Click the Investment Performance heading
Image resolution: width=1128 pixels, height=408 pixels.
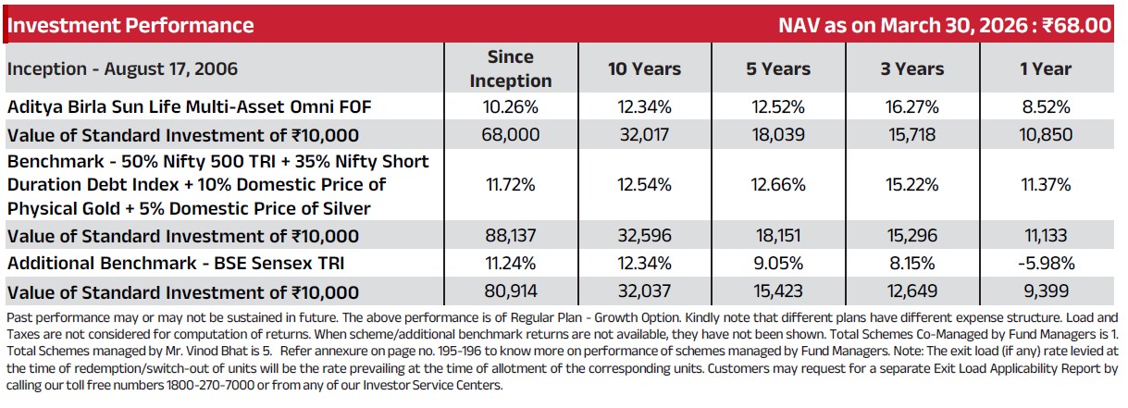(x=130, y=25)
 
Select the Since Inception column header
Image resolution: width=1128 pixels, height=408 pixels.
(x=511, y=68)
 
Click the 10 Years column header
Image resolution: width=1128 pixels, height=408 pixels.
(x=644, y=68)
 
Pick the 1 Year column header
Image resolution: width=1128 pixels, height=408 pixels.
(x=1046, y=68)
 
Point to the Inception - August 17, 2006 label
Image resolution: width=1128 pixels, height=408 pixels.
(x=122, y=68)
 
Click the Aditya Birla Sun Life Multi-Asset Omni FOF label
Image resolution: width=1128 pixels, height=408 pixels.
(x=190, y=106)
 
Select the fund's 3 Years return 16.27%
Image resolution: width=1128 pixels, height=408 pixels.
(x=912, y=106)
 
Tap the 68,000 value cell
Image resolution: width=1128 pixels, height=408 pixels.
(x=511, y=134)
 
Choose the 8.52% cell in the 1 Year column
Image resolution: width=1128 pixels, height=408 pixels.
(x=1046, y=106)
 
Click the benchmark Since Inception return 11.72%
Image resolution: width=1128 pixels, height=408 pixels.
(x=511, y=184)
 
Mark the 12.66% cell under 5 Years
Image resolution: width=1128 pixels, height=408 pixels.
(x=778, y=184)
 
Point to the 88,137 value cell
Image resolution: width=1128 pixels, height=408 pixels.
(x=511, y=235)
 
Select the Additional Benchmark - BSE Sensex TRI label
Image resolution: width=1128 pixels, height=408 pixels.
(x=176, y=263)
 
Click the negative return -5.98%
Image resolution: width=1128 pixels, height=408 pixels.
(x=1047, y=263)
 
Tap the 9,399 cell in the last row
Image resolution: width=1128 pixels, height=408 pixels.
(x=1046, y=291)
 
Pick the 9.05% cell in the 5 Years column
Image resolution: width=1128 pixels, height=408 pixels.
(x=778, y=263)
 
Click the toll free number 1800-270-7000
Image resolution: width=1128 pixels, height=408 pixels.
(x=211, y=385)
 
